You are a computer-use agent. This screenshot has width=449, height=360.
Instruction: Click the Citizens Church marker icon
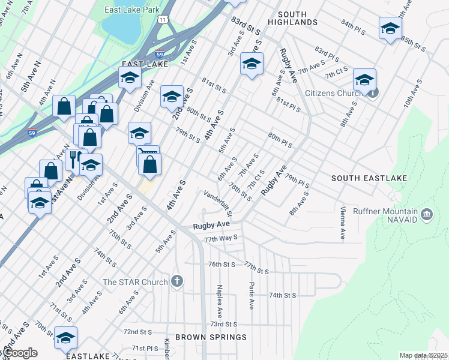373,93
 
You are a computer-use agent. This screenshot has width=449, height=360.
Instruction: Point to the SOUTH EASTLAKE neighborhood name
369,179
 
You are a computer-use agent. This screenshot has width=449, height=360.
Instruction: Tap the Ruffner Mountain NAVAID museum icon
426,214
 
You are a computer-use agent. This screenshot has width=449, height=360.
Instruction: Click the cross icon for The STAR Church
176,281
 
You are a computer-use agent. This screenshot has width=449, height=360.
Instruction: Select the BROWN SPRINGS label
211,337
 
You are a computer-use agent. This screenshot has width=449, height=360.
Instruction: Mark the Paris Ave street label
252,296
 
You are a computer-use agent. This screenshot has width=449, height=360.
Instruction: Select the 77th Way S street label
221,238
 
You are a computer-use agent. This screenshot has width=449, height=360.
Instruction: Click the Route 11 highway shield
163,20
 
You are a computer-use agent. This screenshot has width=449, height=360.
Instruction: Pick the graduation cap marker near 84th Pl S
390,28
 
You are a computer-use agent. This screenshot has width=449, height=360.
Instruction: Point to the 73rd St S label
225,324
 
